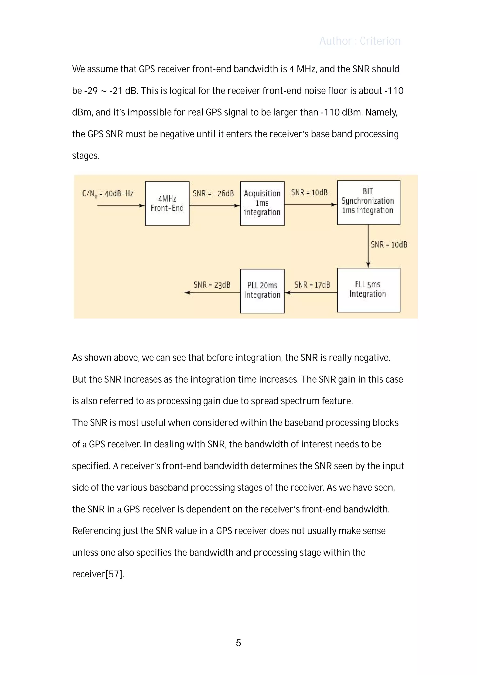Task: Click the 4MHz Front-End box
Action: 167,203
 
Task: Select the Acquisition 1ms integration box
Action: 262,203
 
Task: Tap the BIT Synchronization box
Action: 368,202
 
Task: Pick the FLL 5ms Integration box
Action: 368,290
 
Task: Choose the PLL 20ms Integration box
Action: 262,291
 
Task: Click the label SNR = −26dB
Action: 213,193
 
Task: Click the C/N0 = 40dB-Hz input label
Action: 108,194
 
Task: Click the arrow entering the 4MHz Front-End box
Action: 120,206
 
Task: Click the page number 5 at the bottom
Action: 238,643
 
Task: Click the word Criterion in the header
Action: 380,41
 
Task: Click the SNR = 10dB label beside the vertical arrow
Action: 389,245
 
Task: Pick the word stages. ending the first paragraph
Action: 86,155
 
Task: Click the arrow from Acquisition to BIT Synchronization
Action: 310,205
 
